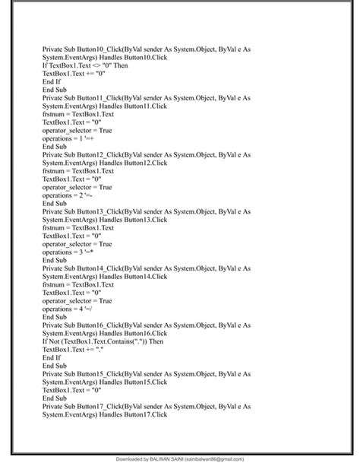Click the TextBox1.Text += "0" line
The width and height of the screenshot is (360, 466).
pyautogui.click(x=74, y=73)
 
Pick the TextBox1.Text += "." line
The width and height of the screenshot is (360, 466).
pyautogui.click(x=73, y=349)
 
